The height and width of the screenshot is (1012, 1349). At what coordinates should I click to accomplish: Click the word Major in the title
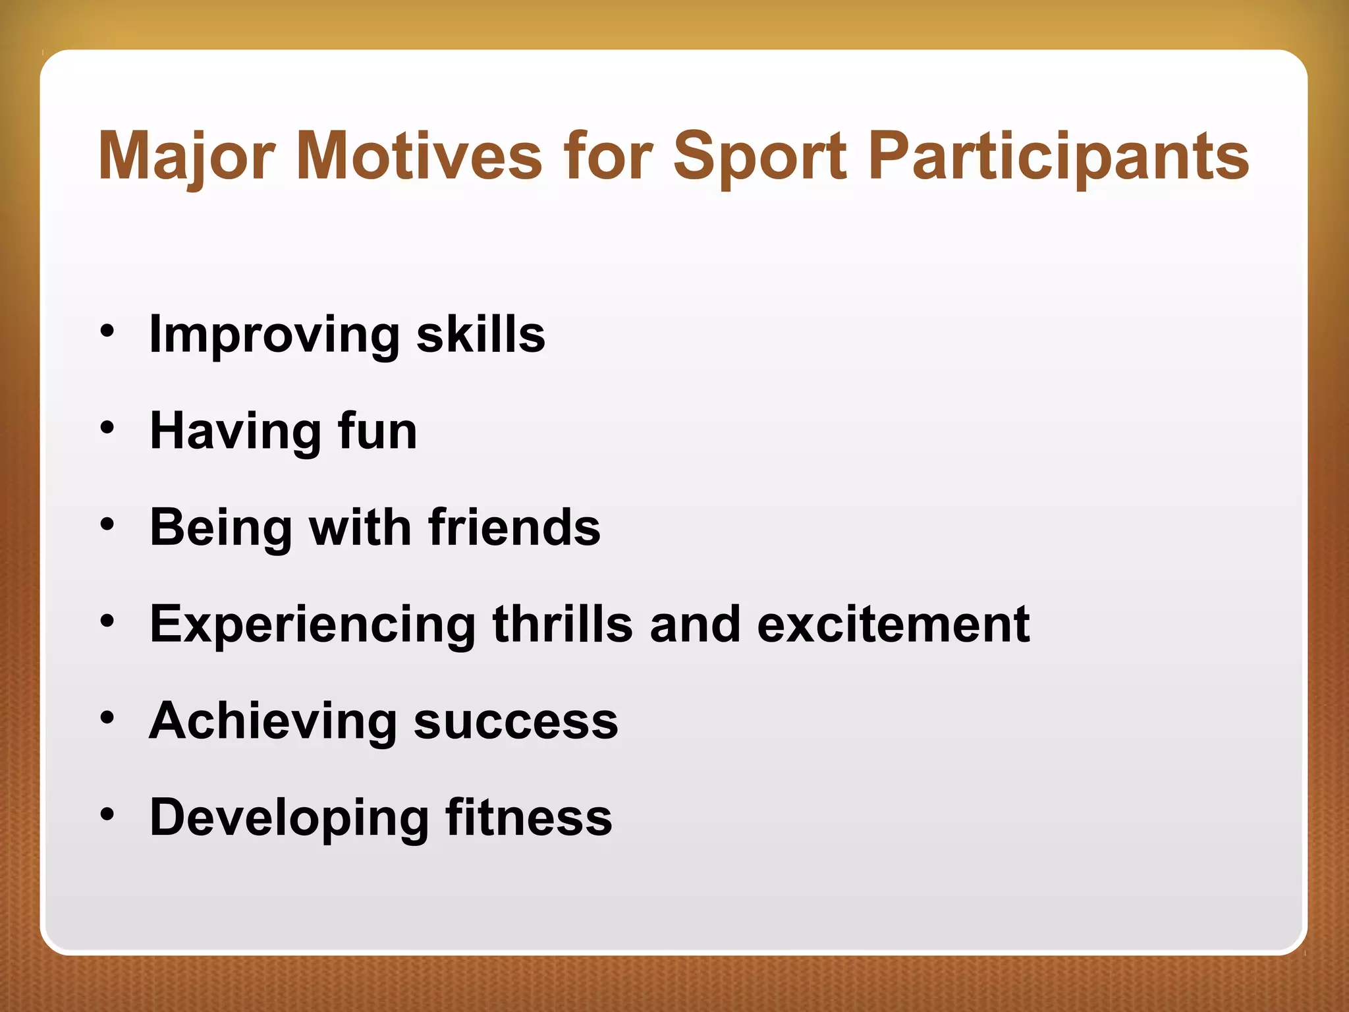click(x=186, y=155)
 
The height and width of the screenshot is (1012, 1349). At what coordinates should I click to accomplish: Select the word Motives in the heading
click(x=419, y=155)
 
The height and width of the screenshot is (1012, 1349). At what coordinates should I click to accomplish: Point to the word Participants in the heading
click(x=1059, y=155)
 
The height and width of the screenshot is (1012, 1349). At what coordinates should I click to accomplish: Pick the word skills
click(x=481, y=335)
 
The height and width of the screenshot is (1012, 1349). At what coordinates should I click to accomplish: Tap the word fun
click(x=377, y=431)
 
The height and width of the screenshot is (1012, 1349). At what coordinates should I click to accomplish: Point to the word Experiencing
click(x=312, y=624)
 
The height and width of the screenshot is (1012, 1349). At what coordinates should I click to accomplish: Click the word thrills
click(x=563, y=624)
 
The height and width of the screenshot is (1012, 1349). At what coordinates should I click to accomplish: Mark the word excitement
click(x=893, y=624)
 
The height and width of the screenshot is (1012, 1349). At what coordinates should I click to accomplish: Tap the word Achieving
click(x=273, y=721)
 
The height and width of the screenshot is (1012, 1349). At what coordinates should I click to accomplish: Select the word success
click(x=516, y=721)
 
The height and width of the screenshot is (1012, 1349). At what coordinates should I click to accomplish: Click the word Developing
click(x=289, y=818)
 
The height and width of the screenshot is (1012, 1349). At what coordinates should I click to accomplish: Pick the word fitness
click(x=528, y=818)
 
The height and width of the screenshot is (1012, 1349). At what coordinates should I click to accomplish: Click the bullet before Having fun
click(x=107, y=429)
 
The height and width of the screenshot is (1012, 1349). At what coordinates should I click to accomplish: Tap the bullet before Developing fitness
click(x=107, y=815)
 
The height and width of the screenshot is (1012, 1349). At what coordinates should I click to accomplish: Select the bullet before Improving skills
click(x=107, y=331)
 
